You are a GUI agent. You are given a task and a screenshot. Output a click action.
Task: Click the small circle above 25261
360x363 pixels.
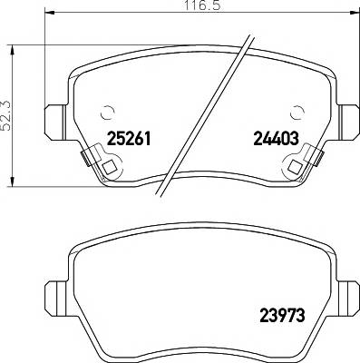coord(108,113)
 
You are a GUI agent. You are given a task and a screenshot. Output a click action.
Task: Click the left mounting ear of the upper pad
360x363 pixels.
coord(52,119)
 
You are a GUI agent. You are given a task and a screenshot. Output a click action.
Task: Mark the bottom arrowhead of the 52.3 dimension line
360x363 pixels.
coord(11,184)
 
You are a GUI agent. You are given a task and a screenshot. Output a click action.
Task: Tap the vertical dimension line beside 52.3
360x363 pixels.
coord(11,82)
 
